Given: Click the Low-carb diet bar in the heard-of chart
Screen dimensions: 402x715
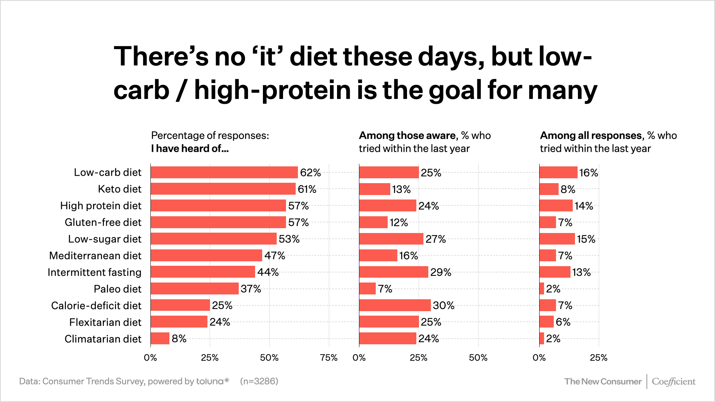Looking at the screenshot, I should [x=224, y=172].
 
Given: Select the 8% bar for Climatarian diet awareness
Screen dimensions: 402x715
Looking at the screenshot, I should [x=160, y=338].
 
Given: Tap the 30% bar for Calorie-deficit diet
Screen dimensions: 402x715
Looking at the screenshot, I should [x=395, y=305].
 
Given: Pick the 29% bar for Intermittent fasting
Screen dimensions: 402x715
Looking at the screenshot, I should [x=394, y=272].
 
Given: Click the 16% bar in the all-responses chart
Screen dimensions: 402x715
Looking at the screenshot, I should [x=558, y=172].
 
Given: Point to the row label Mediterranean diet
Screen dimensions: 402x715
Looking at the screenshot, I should [x=95, y=256].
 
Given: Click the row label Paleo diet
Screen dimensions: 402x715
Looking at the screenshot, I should [x=117, y=289].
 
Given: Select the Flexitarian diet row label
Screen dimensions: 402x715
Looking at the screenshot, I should [x=105, y=322].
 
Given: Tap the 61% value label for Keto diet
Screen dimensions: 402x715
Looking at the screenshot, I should [x=307, y=189].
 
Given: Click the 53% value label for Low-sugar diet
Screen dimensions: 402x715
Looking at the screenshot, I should [x=289, y=239].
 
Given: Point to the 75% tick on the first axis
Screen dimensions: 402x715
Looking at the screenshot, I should [x=328, y=358].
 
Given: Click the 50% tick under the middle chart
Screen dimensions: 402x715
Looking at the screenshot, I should [x=478, y=358].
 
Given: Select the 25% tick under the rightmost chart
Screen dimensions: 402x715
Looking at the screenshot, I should [x=598, y=358].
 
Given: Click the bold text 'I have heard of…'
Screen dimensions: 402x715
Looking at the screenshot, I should [x=190, y=149].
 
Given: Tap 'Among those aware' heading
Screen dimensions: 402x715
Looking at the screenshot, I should [x=407, y=135].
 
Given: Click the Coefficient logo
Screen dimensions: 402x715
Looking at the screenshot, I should [x=673, y=382].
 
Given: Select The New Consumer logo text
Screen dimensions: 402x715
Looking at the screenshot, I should [x=603, y=382].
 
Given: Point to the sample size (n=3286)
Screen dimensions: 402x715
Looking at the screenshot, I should [x=259, y=381].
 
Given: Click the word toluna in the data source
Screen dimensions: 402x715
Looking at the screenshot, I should [x=210, y=381].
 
